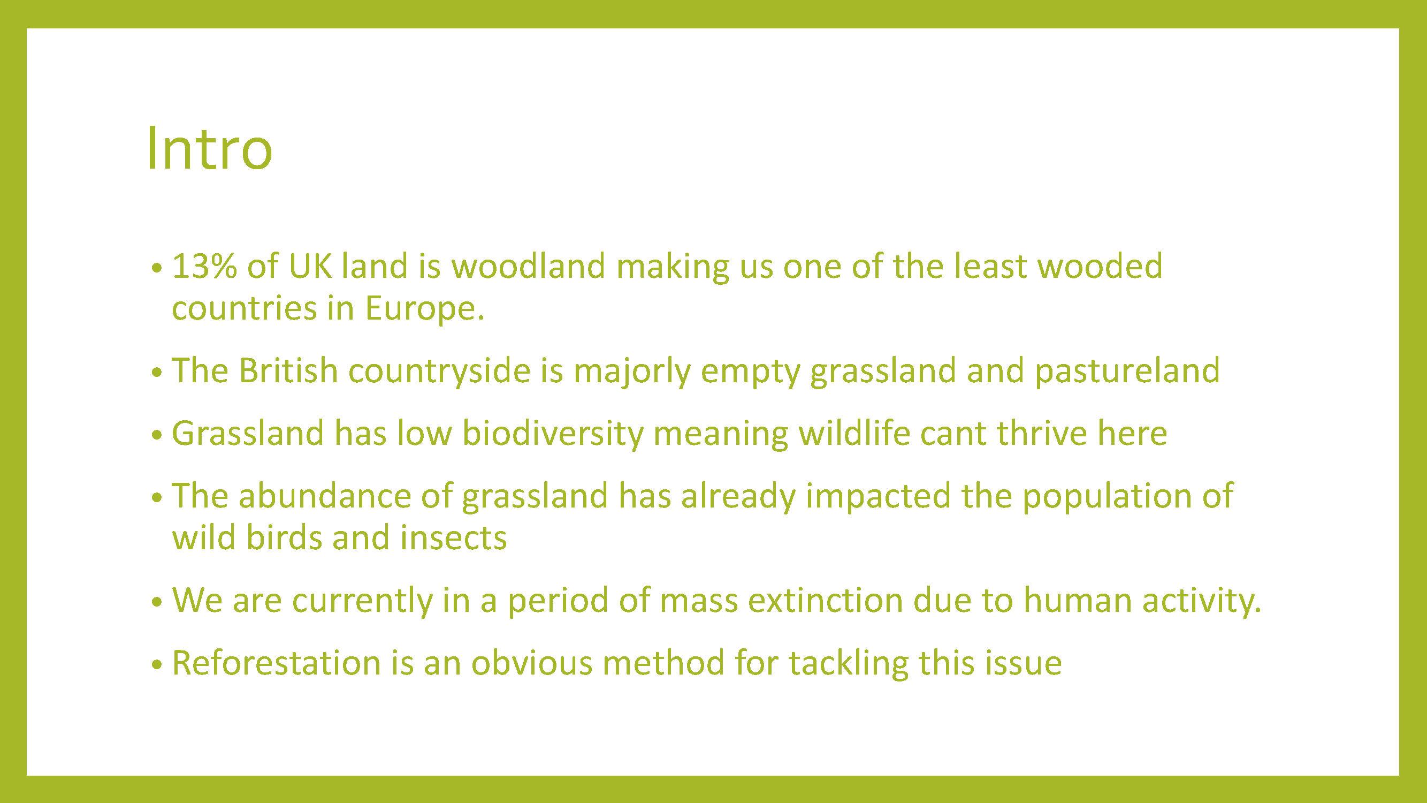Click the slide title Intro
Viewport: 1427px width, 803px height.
point(209,148)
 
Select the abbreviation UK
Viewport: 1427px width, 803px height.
point(310,266)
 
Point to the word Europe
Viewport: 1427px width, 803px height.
point(424,309)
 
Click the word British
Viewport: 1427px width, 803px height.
point(288,370)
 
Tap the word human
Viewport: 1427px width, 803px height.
point(1078,601)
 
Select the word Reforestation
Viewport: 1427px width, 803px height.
point(277,663)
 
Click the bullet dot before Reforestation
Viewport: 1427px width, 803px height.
point(157,664)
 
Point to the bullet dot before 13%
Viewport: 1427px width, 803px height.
point(157,268)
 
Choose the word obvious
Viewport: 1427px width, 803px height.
point(532,663)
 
